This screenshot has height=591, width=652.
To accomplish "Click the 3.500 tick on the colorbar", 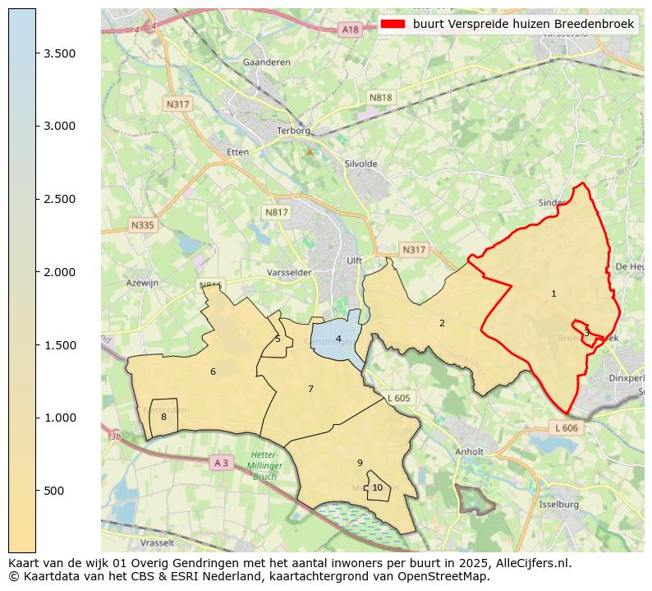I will click(36, 53).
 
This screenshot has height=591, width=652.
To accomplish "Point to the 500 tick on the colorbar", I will click(36, 491).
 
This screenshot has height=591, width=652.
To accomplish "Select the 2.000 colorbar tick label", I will click(60, 272).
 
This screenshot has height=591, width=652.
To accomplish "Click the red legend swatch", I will click(393, 25).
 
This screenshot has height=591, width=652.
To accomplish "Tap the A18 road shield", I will click(350, 30).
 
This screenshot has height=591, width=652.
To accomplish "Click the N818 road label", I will click(380, 97).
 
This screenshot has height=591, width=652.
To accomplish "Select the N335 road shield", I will click(142, 224).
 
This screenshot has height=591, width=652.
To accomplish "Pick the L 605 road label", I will click(397, 398).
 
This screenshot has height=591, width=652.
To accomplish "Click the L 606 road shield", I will click(566, 428).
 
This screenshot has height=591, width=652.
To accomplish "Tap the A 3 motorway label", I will click(221, 463).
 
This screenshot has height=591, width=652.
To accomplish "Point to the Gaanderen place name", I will click(262, 62).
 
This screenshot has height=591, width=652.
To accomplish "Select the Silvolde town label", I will click(362, 164).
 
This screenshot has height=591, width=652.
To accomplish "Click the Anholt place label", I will click(469, 451).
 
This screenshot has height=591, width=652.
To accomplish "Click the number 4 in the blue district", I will click(338, 339).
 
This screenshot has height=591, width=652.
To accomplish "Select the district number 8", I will click(163, 417).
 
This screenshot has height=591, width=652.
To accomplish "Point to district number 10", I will click(377, 487).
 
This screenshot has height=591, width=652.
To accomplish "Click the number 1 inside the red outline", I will click(553, 293).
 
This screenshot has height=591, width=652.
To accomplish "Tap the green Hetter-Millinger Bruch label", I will click(264, 465).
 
